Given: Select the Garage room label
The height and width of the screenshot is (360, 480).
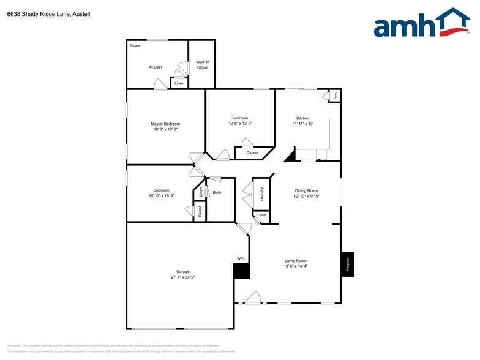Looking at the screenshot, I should (x=182, y=271).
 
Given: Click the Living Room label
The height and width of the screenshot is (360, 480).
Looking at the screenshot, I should (x=295, y=261).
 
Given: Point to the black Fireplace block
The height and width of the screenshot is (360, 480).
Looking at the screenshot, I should (x=348, y=264).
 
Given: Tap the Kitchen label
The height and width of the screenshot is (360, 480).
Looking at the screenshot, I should (x=303, y=118).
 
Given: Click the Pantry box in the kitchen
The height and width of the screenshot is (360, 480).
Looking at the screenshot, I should (x=336, y=96).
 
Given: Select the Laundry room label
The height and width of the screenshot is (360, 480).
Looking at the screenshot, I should (x=261, y=194).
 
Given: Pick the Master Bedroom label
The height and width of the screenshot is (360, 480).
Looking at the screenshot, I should (x=165, y=124).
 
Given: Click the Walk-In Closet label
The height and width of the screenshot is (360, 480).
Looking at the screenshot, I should (x=202, y=64).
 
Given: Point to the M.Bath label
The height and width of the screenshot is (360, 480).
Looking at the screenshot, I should (x=155, y=67).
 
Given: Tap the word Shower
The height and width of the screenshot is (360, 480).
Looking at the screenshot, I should (x=135, y=45).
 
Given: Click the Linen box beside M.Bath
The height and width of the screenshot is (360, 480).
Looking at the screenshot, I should (x=179, y=83).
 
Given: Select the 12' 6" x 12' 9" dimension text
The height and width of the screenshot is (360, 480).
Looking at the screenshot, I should (x=240, y=124).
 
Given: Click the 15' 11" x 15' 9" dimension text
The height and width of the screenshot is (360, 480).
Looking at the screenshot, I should (x=161, y=195).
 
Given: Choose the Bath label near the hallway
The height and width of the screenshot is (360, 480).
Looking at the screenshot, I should (x=217, y=193).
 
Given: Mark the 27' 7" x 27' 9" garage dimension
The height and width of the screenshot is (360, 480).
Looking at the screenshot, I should (x=182, y=277).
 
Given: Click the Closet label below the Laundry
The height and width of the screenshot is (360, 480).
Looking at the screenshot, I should (x=262, y=216).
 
